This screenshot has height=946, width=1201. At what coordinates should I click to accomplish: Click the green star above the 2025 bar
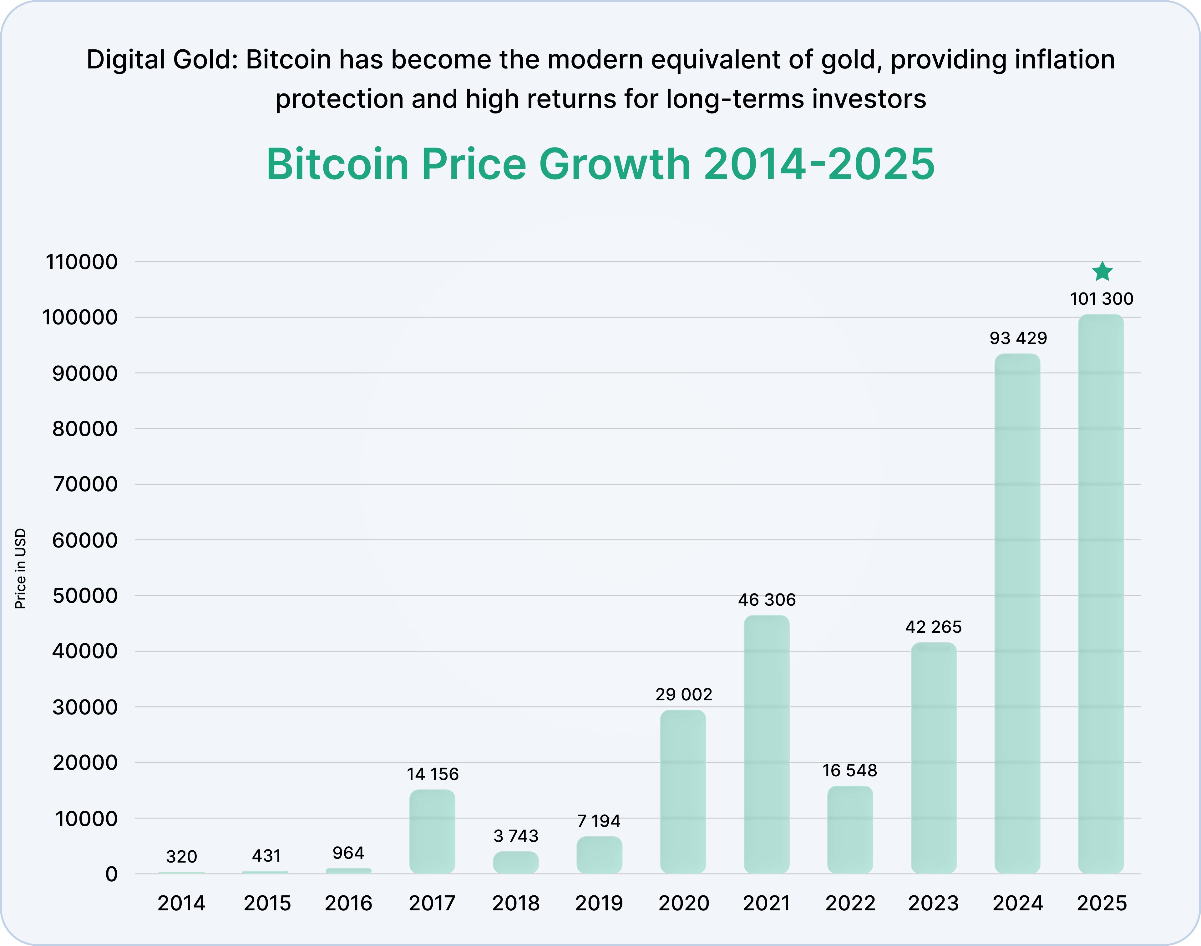click(1102, 272)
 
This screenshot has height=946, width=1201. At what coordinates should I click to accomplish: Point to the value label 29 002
click(683, 694)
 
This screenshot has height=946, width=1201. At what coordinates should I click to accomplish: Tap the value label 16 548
click(850, 770)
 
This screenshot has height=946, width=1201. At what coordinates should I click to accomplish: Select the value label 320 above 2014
click(181, 857)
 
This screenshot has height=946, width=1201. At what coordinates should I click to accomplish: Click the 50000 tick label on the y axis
click(85, 596)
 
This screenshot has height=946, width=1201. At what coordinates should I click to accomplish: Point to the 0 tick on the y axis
click(111, 874)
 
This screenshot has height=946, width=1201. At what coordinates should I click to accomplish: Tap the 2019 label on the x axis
click(599, 903)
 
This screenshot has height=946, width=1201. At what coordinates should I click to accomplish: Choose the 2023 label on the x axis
click(933, 903)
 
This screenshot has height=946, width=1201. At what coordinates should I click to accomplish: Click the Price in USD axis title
click(21, 569)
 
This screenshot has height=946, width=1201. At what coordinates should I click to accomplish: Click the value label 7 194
click(599, 821)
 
